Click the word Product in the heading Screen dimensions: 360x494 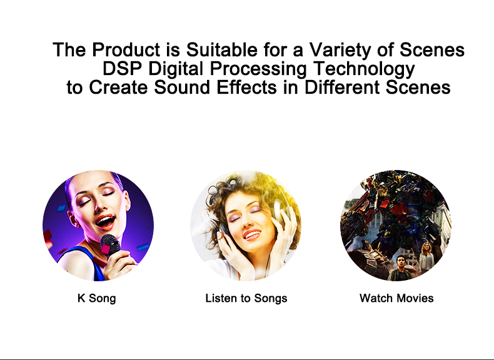(x=119, y=50)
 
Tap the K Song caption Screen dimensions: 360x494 (x=96, y=298)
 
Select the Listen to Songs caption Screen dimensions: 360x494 (x=246, y=298)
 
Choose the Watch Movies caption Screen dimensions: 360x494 (x=396, y=298)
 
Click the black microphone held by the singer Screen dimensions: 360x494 (x=111, y=247)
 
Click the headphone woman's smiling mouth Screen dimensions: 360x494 (x=251, y=234)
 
